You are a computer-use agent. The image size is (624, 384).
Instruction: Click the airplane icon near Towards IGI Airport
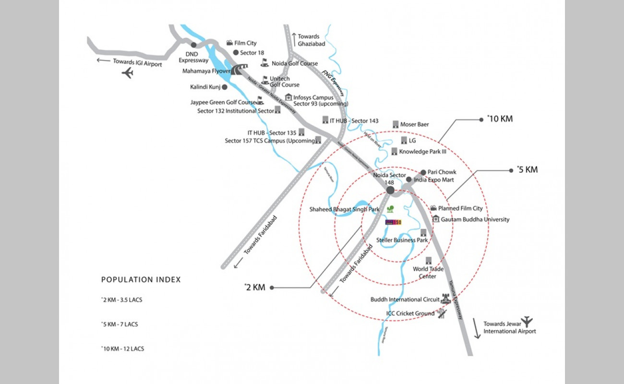click(128, 73)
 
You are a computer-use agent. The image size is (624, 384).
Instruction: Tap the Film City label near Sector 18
click(245, 43)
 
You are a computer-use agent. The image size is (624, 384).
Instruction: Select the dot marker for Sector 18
click(236, 53)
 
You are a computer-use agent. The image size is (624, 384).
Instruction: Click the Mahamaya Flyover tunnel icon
click(238, 70)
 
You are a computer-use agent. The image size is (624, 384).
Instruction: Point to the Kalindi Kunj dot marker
click(224, 87)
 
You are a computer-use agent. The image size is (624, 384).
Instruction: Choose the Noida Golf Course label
click(295, 63)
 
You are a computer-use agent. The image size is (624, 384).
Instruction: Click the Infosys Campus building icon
click(288, 97)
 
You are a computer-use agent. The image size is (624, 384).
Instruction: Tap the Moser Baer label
click(414, 124)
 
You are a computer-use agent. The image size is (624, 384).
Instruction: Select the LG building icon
click(404, 140)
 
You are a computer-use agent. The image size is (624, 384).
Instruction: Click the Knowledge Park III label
click(423, 152)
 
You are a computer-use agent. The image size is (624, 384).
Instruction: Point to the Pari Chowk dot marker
click(423, 172)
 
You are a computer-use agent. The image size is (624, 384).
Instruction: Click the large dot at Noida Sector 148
click(390, 191)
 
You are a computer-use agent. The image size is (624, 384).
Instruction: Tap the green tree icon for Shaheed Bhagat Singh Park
click(391, 209)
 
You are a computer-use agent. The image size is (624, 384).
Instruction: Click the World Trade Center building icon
click(429, 260)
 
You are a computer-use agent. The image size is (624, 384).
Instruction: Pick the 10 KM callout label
click(500, 119)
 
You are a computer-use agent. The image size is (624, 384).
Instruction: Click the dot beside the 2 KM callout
click(272, 288)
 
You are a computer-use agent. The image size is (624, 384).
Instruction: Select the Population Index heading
click(141, 280)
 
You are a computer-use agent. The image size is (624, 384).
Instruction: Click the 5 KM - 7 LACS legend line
click(120, 324)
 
